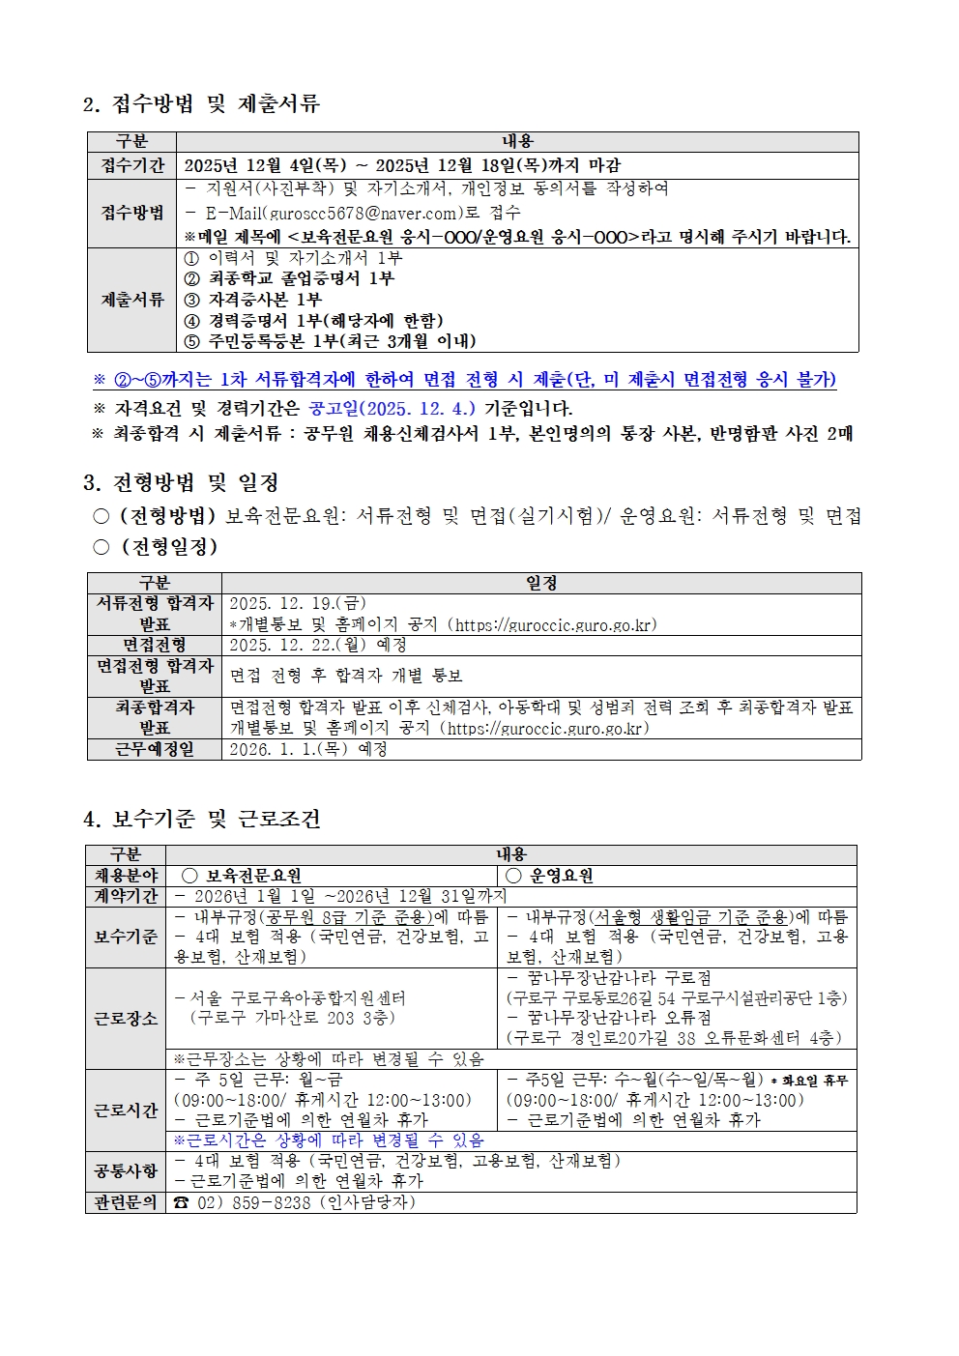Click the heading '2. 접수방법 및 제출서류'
201,103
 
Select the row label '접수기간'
132,165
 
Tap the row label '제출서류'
132,300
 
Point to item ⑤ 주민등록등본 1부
330,341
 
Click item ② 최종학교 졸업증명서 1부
289,278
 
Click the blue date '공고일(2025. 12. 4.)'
392,409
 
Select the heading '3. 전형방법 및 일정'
182,482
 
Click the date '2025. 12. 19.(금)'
297,604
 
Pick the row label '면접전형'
155,645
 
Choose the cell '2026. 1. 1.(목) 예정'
307,749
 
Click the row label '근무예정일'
155,749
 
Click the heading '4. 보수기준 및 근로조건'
201,819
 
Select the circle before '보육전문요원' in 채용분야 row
189,876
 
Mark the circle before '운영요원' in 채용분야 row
514,876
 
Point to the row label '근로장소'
126,1019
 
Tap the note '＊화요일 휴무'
808,1081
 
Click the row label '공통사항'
126,1171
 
